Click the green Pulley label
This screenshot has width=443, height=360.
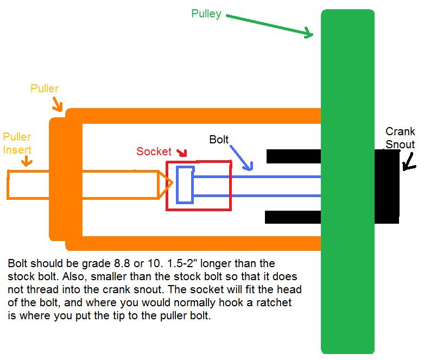(x=206, y=14)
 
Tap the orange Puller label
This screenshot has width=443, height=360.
(x=45, y=89)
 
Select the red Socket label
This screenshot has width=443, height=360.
(x=154, y=151)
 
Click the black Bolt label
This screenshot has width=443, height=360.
(x=219, y=140)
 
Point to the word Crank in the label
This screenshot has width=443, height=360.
(x=400, y=131)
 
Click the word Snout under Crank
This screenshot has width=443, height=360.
(x=400, y=144)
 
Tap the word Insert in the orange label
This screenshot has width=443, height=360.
(x=17, y=150)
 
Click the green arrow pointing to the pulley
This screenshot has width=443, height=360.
(x=269, y=26)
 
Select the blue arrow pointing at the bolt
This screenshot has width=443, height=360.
(x=241, y=158)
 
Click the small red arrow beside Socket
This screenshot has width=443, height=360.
(x=182, y=153)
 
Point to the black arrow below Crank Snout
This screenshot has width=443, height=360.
(x=409, y=162)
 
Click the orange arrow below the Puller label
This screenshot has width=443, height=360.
(x=57, y=104)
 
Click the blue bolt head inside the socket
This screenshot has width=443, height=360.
(x=185, y=185)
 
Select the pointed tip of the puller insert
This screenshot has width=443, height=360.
(x=172, y=183)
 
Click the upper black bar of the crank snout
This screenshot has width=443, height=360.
(x=294, y=156)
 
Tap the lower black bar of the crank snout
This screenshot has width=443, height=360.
(x=293, y=217)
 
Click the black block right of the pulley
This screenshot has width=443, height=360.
(x=387, y=186)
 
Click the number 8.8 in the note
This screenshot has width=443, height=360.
(x=122, y=263)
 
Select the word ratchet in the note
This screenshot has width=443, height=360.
(x=274, y=302)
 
